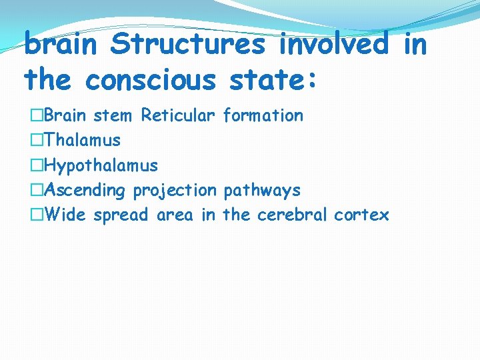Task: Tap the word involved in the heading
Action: click(x=334, y=45)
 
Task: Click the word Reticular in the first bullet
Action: click(x=178, y=115)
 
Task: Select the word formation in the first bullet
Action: click(x=263, y=115)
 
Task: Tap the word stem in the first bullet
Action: click(x=113, y=115)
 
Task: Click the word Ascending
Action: click(x=85, y=191)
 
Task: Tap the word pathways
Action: click(x=262, y=191)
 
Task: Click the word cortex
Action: click(x=362, y=215)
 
